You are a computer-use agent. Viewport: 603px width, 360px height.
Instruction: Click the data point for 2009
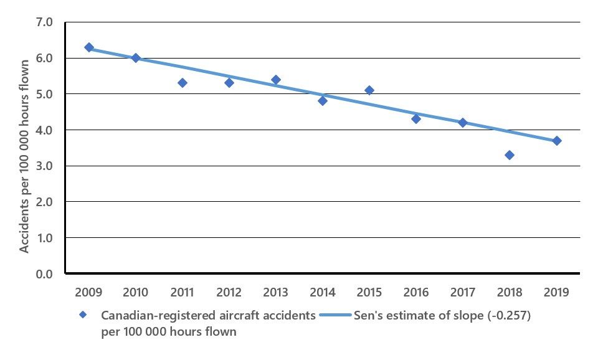tap(89, 47)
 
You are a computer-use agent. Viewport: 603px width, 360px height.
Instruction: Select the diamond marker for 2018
tap(510, 155)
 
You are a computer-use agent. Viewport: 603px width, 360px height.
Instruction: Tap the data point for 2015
tap(369, 90)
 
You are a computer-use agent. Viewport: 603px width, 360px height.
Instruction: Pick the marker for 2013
tap(276, 80)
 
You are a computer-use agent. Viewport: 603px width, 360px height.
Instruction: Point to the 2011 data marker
tap(183, 83)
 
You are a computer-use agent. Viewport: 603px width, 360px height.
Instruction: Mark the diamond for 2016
tap(416, 119)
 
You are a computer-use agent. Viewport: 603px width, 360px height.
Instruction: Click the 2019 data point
tap(557, 141)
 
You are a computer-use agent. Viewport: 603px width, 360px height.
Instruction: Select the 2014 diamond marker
tap(323, 101)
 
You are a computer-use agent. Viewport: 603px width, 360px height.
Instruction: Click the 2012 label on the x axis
tap(229, 292)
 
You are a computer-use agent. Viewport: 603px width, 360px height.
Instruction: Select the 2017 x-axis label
tap(463, 292)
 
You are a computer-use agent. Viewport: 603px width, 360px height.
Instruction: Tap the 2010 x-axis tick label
tap(136, 292)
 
